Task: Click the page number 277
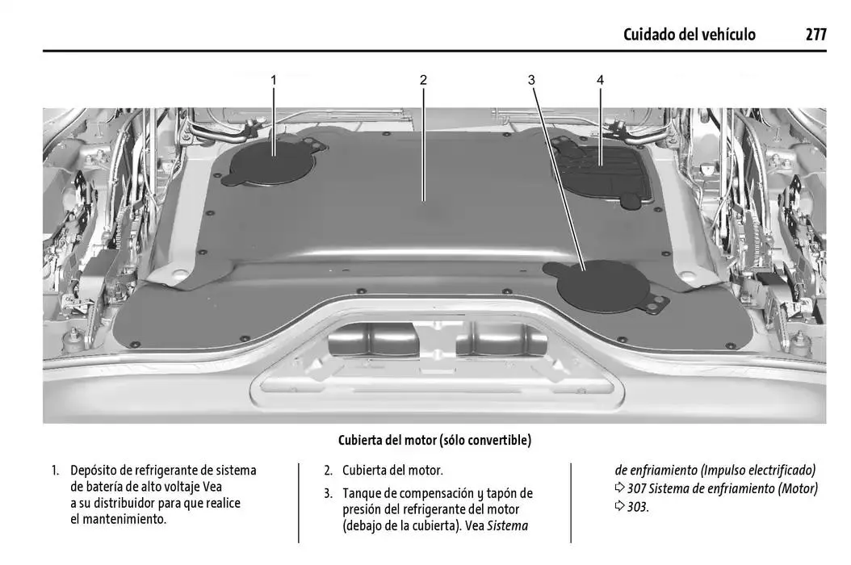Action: (x=815, y=35)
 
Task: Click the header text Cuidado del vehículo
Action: (x=690, y=35)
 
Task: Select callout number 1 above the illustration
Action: (x=274, y=80)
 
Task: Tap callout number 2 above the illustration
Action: (x=423, y=80)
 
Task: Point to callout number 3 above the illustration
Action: (x=531, y=80)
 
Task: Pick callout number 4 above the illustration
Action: (x=601, y=80)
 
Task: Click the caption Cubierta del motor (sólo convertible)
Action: (x=434, y=440)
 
